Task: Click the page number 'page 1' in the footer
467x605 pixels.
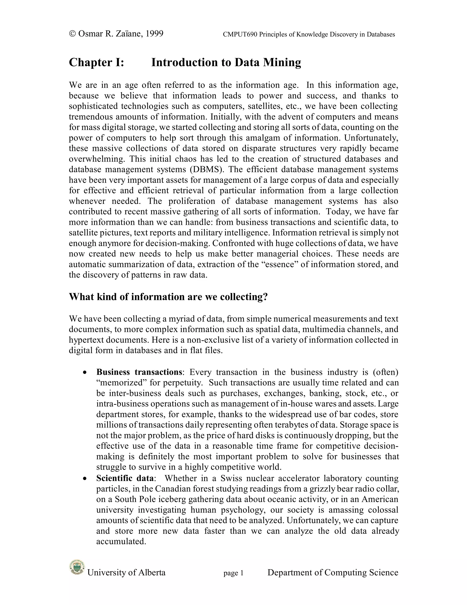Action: point(233,573)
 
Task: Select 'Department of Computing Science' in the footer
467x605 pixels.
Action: point(332,573)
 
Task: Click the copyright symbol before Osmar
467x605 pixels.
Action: point(73,34)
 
